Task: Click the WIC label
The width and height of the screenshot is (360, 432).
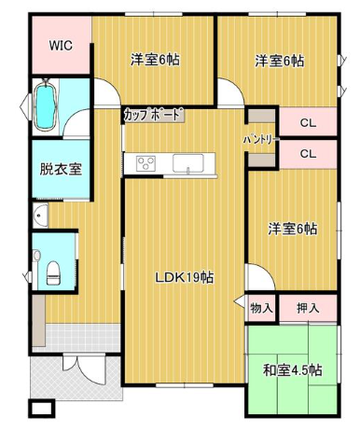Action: [61, 46]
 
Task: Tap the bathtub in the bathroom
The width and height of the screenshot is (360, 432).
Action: [46, 105]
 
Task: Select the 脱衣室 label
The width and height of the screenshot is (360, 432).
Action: [61, 169]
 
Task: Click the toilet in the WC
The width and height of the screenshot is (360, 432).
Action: [53, 272]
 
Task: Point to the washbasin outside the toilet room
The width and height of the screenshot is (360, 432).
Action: [40, 216]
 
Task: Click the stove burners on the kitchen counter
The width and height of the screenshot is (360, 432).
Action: [145, 163]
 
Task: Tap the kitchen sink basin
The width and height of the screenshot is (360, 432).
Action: [188, 163]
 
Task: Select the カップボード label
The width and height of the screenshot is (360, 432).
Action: [153, 115]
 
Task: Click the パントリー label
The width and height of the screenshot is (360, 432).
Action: [259, 140]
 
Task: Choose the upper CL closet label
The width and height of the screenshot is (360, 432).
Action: [308, 123]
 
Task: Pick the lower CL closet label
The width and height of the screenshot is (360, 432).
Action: [308, 154]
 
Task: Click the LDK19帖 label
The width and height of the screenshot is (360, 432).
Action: [185, 277]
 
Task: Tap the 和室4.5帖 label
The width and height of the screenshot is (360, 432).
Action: [292, 370]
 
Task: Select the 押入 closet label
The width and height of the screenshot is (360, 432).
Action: [308, 308]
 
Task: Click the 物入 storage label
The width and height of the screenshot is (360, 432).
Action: [262, 309]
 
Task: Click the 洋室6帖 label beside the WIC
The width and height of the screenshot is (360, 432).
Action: [155, 60]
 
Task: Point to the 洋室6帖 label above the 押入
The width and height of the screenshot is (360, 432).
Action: [293, 230]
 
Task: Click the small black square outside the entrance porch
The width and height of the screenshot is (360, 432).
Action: [41, 409]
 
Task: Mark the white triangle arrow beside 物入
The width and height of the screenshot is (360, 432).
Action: [240, 301]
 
